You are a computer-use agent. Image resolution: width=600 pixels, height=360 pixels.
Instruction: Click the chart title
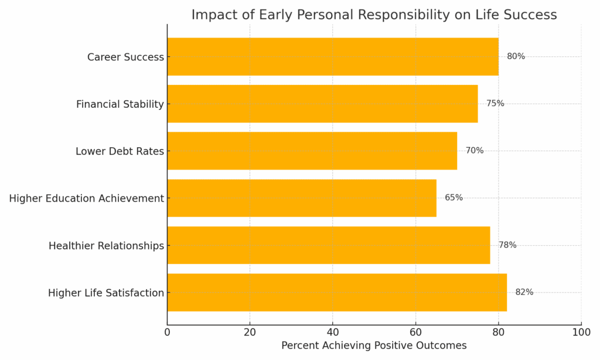point(374,15)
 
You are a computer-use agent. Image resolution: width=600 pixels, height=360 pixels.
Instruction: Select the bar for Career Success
point(333,57)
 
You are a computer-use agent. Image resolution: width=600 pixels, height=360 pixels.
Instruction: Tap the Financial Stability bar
point(322,104)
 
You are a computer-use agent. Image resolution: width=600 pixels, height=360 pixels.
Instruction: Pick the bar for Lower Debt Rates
point(312,151)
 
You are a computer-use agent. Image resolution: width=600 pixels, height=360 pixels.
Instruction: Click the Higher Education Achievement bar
point(302,198)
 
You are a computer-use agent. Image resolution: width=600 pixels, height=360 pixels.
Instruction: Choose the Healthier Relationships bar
point(329,245)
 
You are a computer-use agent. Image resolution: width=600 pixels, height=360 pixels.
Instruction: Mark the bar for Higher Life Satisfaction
point(337,292)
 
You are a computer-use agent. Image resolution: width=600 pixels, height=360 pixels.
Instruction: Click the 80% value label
point(516,57)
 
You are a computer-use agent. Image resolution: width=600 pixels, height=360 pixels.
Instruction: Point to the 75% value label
point(495,104)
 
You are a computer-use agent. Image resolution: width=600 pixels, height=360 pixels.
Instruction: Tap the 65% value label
point(454,198)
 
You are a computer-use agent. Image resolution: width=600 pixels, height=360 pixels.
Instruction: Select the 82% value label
point(524,292)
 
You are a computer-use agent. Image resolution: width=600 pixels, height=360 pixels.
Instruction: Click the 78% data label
point(507,245)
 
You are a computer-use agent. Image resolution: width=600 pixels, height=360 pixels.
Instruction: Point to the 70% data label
point(475,151)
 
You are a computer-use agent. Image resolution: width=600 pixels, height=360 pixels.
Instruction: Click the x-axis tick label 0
point(167,333)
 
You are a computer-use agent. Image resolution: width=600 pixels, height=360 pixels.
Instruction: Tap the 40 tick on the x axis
point(333,333)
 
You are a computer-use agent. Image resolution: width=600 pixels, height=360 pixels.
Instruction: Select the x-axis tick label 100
point(581,333)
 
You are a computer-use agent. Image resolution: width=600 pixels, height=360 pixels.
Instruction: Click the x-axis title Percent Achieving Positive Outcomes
point(374,346)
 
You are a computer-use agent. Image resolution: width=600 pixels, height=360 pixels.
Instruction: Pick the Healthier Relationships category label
point(106,246)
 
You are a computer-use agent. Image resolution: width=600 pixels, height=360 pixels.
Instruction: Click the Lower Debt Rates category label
point(120,151)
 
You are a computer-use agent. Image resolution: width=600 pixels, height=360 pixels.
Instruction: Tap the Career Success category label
point(125,57)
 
